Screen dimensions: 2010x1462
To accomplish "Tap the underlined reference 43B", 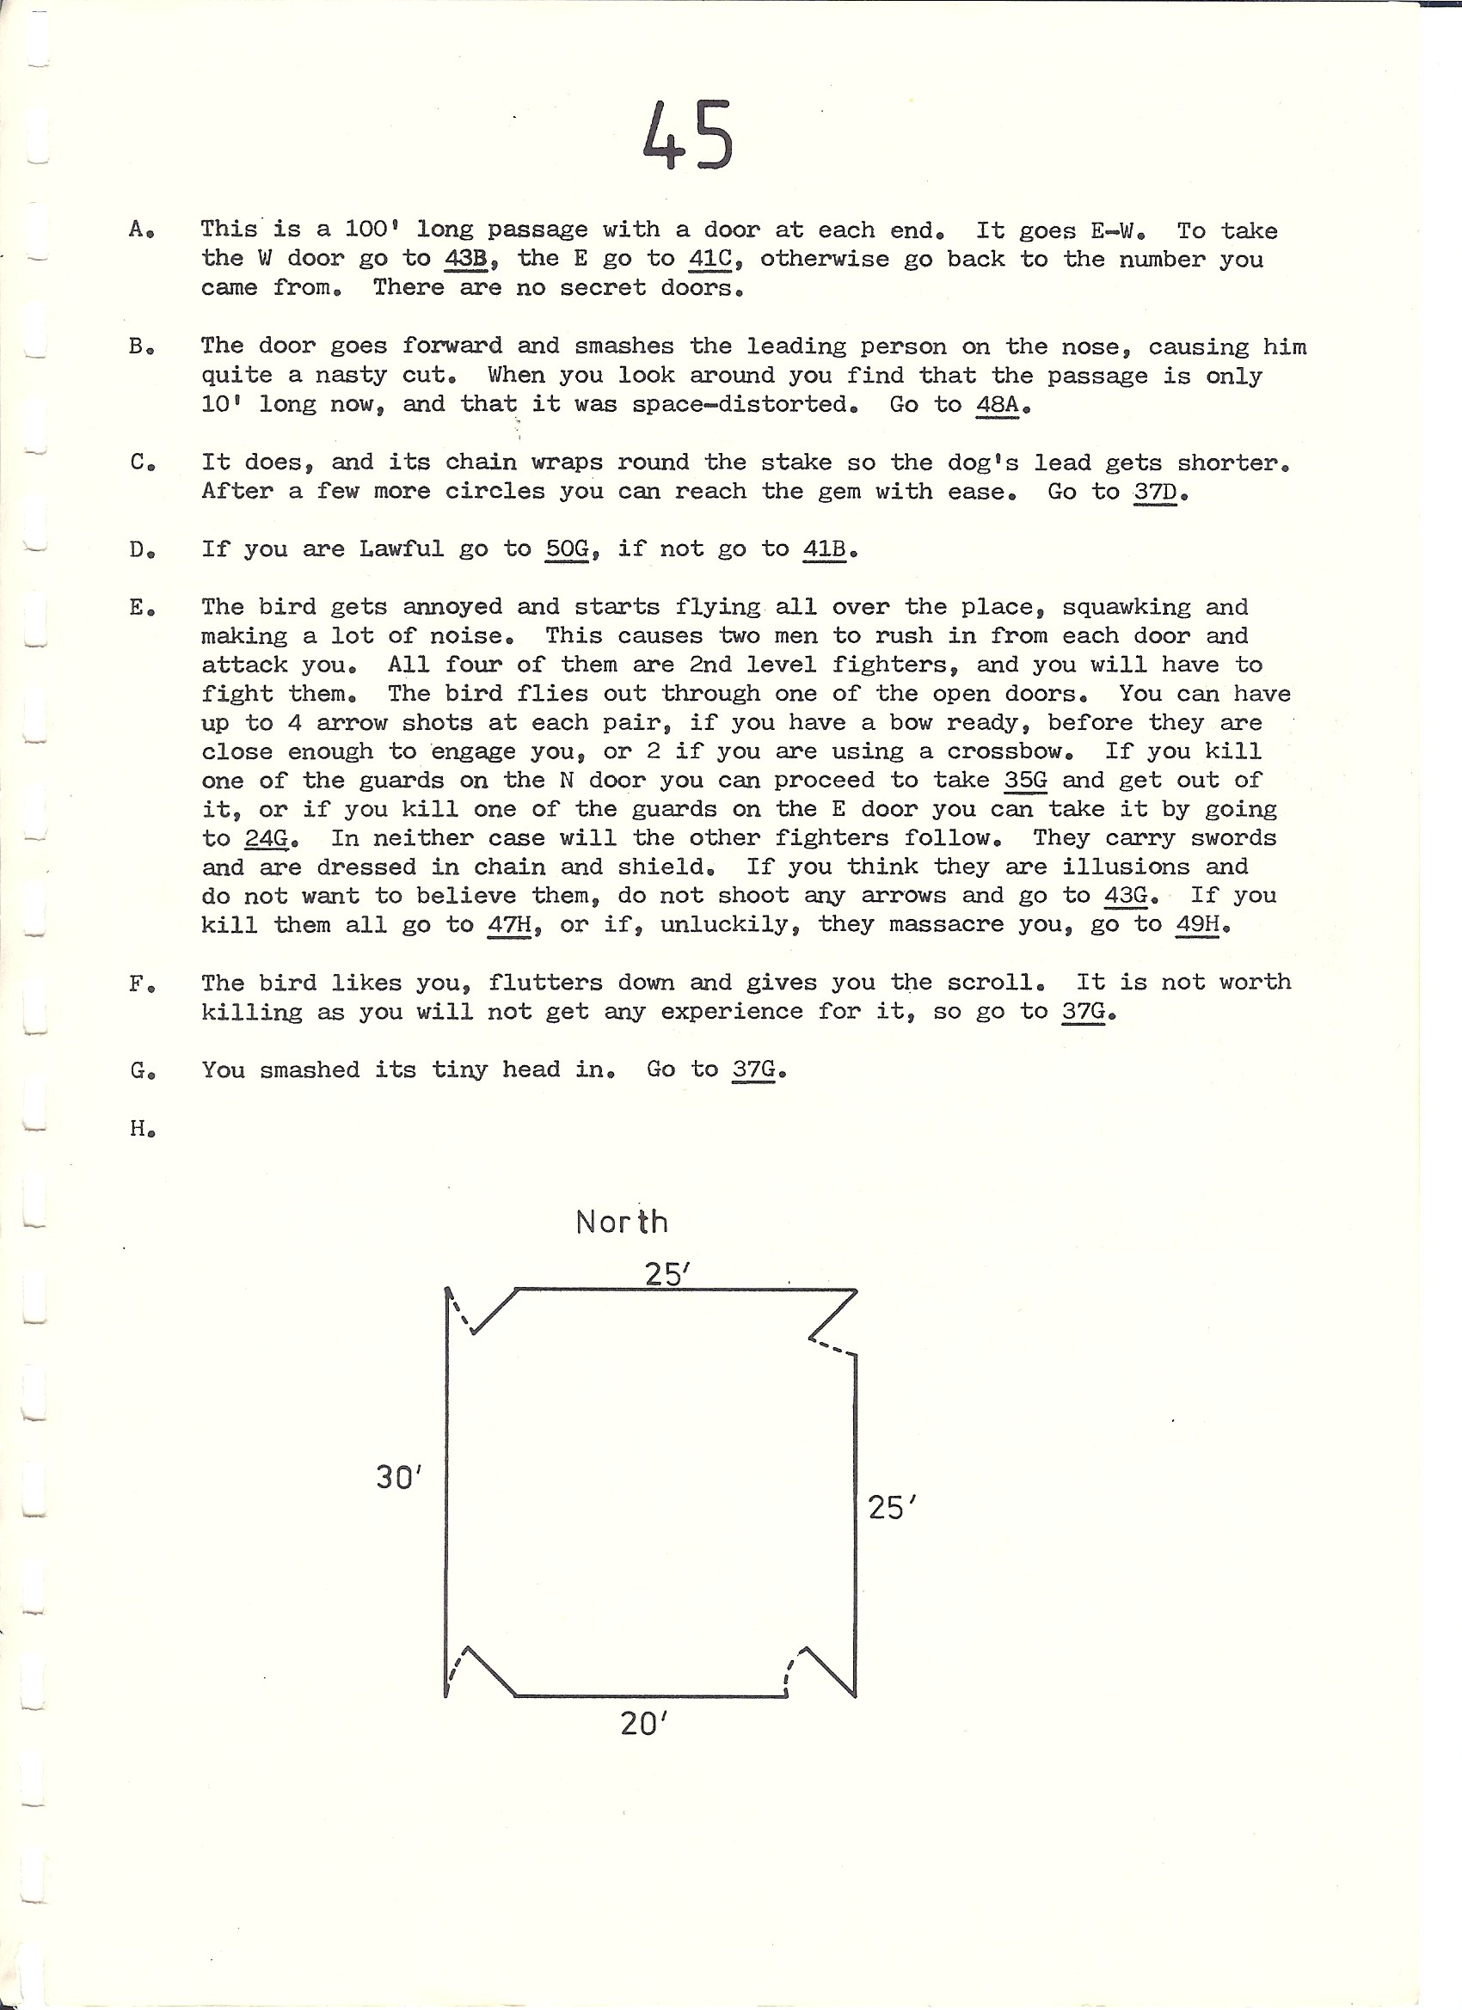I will point(464,259).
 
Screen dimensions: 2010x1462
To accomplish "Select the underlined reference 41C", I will point(709,259).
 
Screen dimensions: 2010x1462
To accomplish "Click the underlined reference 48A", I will point(997,405).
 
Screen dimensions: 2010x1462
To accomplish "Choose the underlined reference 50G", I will point(567,549).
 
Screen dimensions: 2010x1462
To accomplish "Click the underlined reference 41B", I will point(824,549).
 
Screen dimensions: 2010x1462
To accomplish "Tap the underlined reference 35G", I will point(1025,780).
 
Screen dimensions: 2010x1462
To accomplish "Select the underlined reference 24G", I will point(266,837).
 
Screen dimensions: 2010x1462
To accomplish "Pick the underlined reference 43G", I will point(1125,895).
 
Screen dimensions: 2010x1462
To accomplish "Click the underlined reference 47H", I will point(509,924).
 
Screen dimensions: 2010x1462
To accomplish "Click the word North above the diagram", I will point(621,1223).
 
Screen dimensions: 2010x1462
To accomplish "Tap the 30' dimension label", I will point(398,1477).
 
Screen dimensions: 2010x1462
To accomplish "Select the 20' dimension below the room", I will point(642,1723).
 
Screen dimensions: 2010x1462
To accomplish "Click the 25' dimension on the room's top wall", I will point(666,1274).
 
